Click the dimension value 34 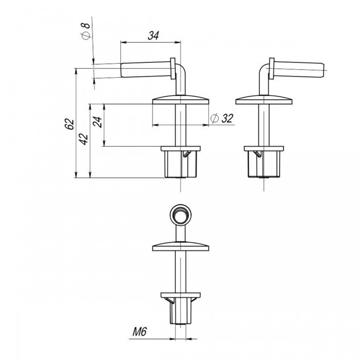point(153,35)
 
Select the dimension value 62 point(70,124)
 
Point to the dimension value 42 point(83,139)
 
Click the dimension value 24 point(97,122)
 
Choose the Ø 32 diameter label point(222,118)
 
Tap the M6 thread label point(139,332)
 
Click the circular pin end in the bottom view point(181,215)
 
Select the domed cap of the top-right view point(264,100)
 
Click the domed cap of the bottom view point(181,246)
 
